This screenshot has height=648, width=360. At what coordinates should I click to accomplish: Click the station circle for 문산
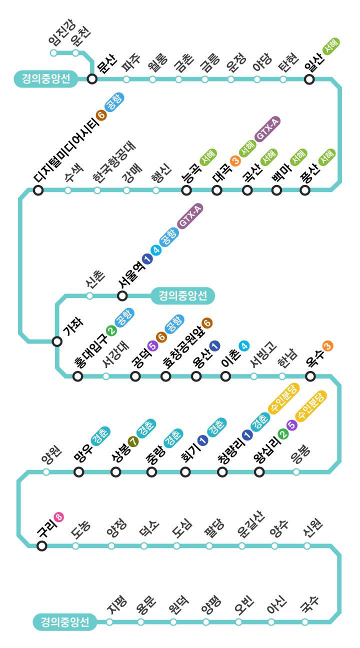click(x=92, y=78)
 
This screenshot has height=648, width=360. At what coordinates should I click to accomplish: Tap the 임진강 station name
click(x=62, y=32)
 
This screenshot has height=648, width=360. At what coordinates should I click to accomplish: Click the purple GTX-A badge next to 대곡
click(x=267, y=129)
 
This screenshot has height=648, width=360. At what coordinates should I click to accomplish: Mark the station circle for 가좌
click(x=57, y=341)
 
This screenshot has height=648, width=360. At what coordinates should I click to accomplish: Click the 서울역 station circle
click(x=122, y=295)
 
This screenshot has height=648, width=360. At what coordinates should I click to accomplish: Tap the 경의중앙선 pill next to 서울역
click(x=182, y=295)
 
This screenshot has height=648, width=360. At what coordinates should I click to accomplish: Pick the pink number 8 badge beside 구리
click(x=59, y=516)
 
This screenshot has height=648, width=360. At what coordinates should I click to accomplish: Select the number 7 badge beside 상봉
click(x=133, y=441)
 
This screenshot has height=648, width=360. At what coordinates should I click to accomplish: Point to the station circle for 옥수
click(x=310, y=376)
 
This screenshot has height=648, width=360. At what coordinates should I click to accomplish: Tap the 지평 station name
click(x=117, y=604)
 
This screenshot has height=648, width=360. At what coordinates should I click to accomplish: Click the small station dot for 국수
click(x=305, y=621)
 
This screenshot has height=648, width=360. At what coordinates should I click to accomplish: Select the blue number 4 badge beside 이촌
click(x=244, y=345)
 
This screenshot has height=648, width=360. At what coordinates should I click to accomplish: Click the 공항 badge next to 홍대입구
click(x=124, y=317)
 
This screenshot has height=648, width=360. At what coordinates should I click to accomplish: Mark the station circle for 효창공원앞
click(x=165, y=376)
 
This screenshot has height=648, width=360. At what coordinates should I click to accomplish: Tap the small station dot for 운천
click(x=75, y=53)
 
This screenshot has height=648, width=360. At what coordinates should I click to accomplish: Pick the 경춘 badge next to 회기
click(x=217, y=427)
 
